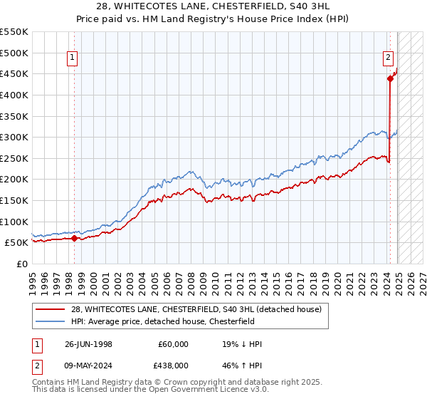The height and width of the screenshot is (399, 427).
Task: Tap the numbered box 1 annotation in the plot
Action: click(x=73, y=59)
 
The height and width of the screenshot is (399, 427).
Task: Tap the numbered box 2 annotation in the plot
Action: click(x=389, y=59)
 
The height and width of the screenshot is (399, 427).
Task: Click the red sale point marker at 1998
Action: click(x=74, y=239)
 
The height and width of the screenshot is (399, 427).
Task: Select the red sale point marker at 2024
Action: click(x=390, y=79)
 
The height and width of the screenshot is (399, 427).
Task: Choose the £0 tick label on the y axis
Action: click(x=22, y=264)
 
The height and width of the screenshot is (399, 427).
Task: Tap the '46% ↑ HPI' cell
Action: click(x=242, y=366)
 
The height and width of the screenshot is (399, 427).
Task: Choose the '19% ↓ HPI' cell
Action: click(x=242, y=344)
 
